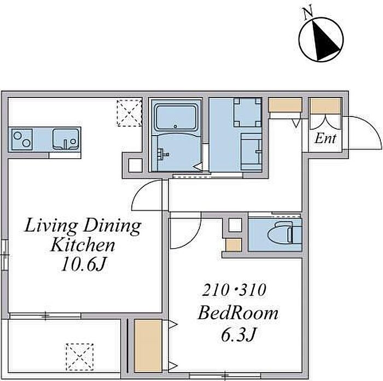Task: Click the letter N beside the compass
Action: click(308, 13)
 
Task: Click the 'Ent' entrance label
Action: click(325, 138)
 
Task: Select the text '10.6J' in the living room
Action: click(84, 265)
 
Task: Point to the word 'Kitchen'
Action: click(82, 245)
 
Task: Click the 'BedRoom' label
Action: click(238, 313)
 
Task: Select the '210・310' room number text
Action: click(234, 290)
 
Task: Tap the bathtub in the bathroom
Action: click(176, 118)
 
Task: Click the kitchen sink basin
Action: click(66, 139)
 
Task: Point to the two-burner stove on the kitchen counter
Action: click(22, 139)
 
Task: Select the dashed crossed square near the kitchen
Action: click(130, 113)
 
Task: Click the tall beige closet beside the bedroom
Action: click(148, 345)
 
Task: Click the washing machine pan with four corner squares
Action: click(247, 112)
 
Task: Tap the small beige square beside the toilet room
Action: click(234, 245)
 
